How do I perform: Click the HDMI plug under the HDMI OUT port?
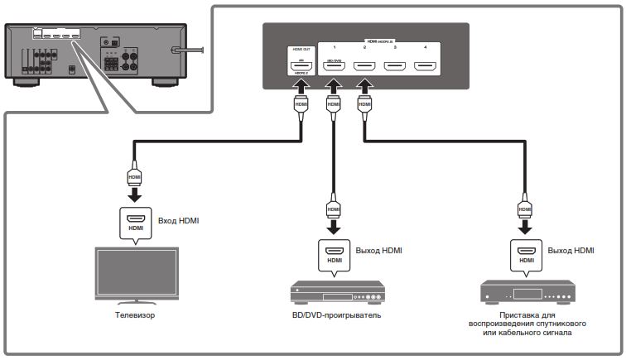[x=300, y=106]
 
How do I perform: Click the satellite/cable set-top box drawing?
[x=527, y=294]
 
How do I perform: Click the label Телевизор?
[x=135, y=315]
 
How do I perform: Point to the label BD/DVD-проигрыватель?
[x=335, y=315]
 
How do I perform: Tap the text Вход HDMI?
[x=178, y=221]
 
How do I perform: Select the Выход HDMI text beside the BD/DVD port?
[x=378, y=249]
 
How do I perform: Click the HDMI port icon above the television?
[x=134, y=221]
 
